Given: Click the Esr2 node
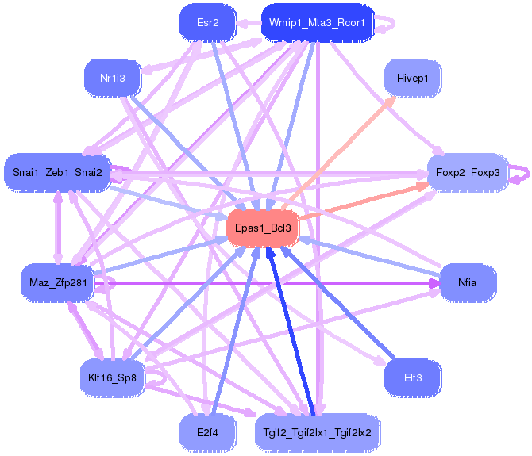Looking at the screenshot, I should (x=208, y=23).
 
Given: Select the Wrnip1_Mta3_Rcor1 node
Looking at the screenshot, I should (x=316, y=23).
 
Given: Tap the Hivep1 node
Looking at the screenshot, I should (x=412, y=79).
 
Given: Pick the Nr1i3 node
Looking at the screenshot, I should (x=111, y=79).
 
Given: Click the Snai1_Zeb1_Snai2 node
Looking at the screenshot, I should (x=57, y=172).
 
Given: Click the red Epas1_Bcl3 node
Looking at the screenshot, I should (x=263, y=228).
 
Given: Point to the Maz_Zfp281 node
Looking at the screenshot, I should (x=57, y=283).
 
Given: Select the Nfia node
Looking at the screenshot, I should (x=467, y=283).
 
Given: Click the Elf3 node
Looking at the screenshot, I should (x=412, y=377).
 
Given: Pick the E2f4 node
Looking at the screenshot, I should (x=208, y=433).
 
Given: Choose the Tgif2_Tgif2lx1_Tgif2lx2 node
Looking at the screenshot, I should (x=318, y=433).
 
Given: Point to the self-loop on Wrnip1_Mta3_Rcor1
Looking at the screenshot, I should (x=387, y=24).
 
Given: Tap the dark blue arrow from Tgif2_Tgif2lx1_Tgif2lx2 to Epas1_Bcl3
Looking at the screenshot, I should (x=293, y=333).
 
